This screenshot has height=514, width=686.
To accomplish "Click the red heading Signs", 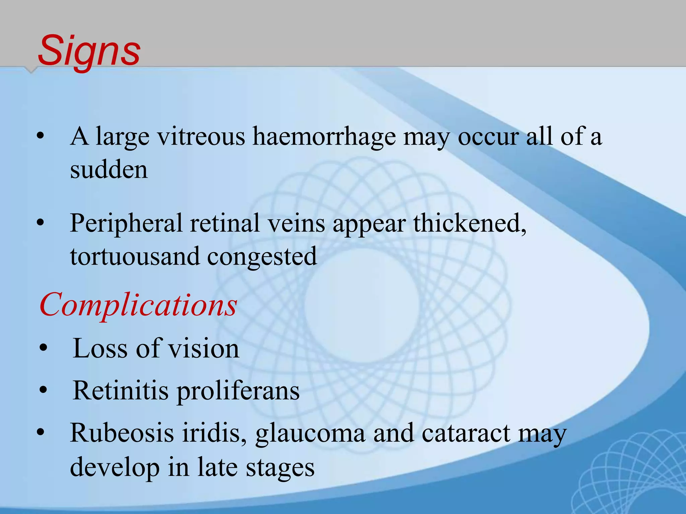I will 89,51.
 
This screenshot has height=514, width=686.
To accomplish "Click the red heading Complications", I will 138,305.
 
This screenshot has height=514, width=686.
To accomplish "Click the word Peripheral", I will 126,223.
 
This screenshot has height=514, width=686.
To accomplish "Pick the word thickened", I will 469,223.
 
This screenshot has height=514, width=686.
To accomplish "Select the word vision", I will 203,348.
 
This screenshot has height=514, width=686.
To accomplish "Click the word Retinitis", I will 121,390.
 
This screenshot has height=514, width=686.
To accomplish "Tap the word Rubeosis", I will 122,433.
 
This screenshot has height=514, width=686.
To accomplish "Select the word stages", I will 280,467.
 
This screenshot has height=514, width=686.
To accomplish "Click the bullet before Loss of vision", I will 43,348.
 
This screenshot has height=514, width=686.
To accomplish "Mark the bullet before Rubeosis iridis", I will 41,433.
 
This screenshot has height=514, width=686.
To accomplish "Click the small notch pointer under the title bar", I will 31,70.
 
